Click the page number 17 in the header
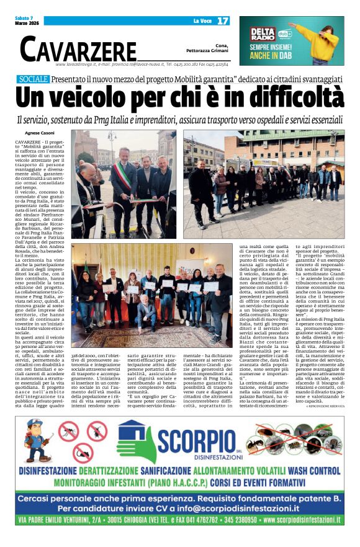coord(223,20)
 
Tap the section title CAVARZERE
coord(78,48)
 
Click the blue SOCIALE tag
coord(34,79)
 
